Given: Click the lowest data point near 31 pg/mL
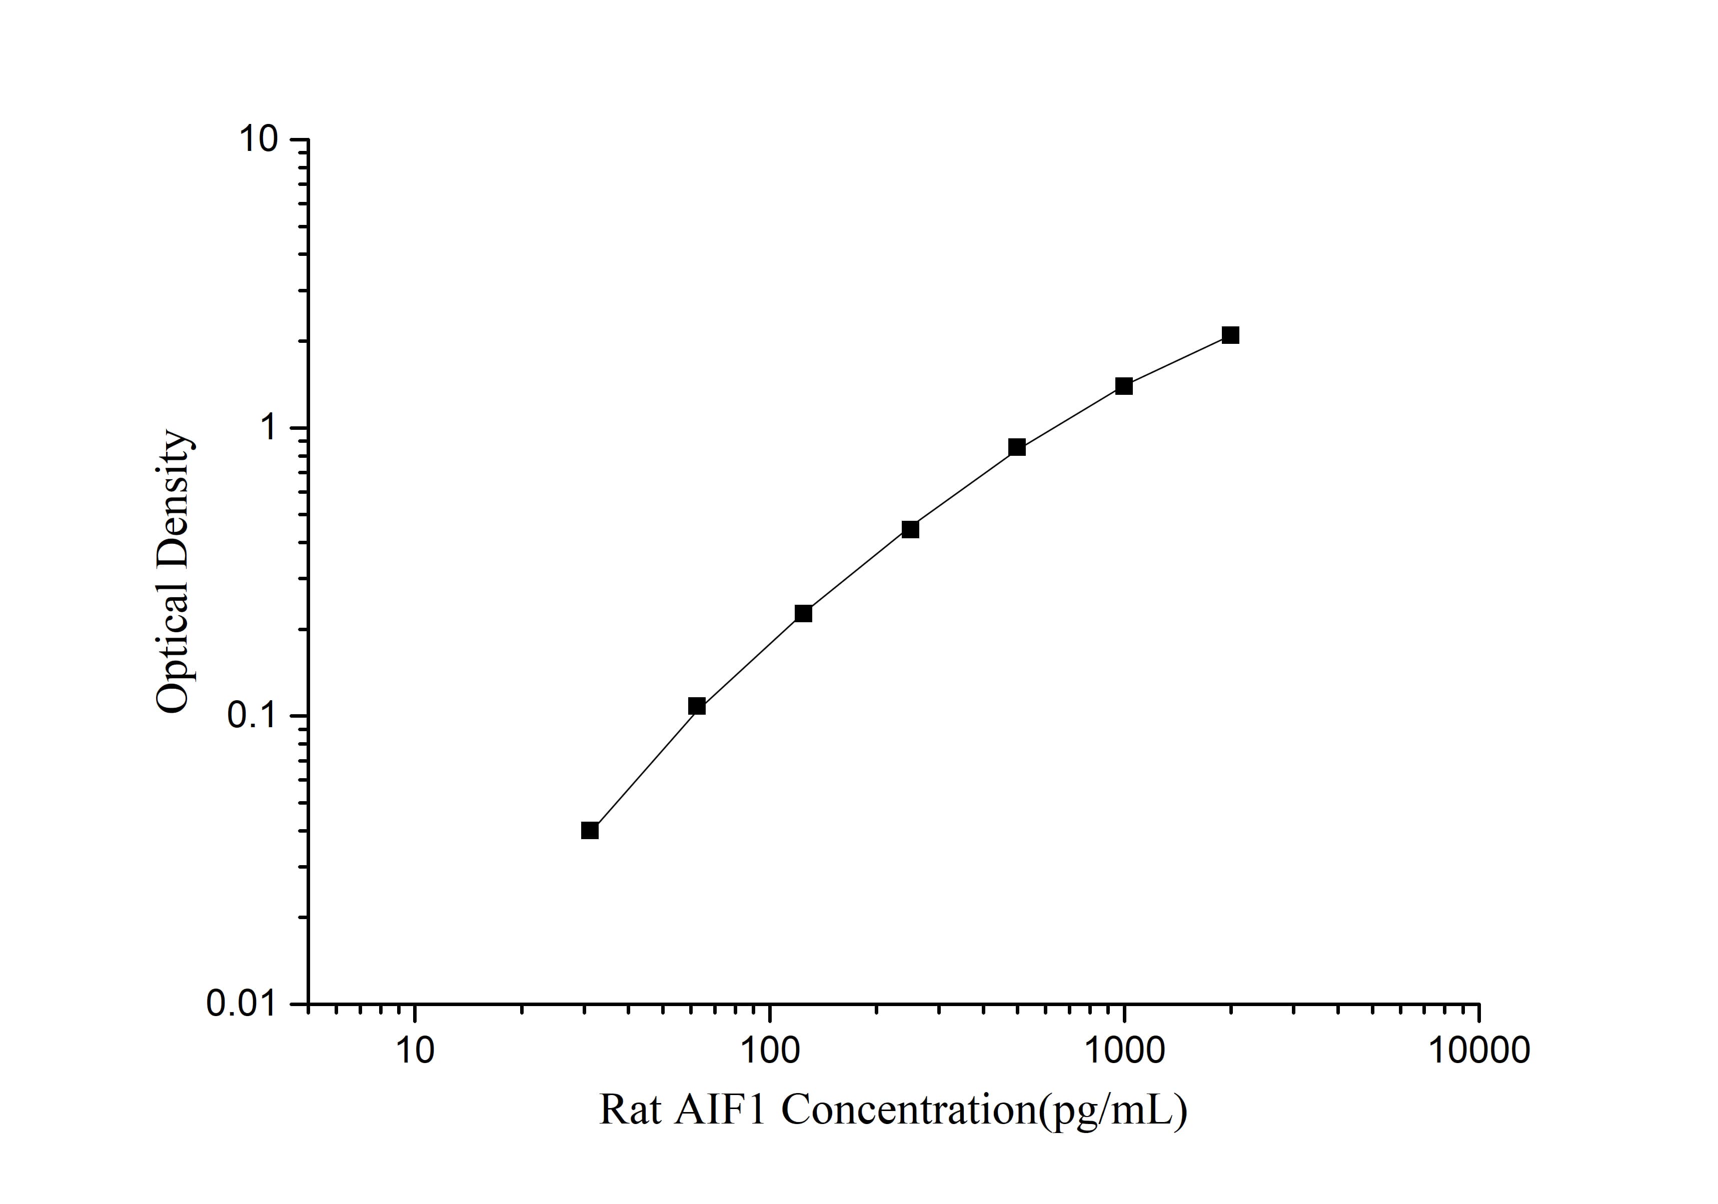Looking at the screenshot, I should (590, 831).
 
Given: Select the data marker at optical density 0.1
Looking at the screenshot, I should (697, 706).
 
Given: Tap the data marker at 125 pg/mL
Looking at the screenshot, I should (803, 613).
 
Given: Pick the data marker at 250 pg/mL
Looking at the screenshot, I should (910, 529).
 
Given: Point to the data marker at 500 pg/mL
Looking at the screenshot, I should (1016, 447).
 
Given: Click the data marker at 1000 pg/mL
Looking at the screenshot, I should (1123, 386).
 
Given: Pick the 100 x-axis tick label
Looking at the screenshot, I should (769, 1050).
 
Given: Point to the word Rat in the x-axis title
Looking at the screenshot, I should (630, 1110).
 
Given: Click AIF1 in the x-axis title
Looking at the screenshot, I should (721, 1110).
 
